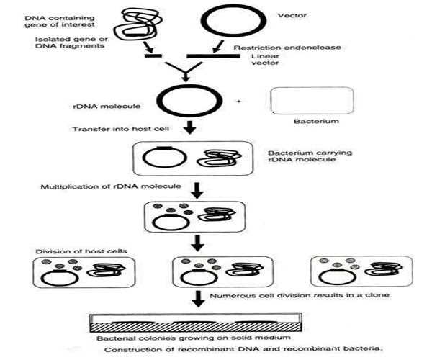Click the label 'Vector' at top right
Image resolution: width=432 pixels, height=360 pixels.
coord(292,15)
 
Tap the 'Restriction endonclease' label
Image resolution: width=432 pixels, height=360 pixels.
coord(287,48)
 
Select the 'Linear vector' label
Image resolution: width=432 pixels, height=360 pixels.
coord(265,60)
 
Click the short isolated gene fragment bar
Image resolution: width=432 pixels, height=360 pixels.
coord(153,56)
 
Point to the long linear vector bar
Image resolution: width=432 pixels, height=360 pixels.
coord(214,56)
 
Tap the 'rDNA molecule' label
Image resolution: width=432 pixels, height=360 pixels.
coord(107,107)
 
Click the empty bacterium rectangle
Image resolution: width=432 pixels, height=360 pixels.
coord(312,87)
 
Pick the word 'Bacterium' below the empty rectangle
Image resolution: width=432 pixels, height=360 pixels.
coord(316,121)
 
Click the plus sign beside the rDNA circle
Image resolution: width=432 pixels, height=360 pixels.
coord(239,102)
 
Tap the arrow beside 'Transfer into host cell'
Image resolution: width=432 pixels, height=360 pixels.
coord(190,127)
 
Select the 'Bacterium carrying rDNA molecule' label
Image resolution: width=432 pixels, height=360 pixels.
coord(310,156)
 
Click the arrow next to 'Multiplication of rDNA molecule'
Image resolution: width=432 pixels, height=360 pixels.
coord(197,190)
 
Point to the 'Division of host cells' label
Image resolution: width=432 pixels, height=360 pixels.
coord(81,251)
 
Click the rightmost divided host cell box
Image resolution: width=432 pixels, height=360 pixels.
coord(361,256)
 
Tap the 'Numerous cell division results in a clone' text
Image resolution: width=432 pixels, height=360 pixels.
coord(300,295)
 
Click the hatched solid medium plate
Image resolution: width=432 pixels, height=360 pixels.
coord(196,327)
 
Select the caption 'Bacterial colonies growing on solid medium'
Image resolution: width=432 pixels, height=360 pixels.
coord(194,338)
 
